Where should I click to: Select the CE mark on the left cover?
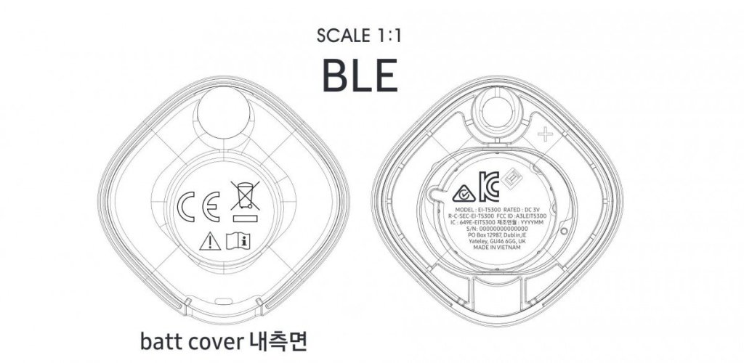point(195,205)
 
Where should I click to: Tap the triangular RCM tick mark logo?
point(461,194)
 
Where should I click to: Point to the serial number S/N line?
point(502,229)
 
